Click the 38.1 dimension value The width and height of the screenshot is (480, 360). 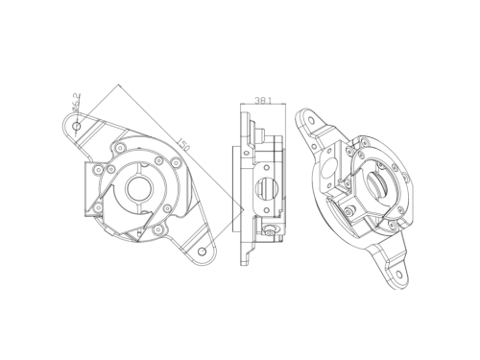click(x=263, y=100)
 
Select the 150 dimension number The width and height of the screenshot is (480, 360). click(x=184, y=145)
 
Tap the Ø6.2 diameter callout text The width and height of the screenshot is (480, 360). click(x=76, y=103)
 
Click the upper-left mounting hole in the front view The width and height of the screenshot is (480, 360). click(x=77, y=126)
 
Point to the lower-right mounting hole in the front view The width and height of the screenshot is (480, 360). click(x=202, y=252)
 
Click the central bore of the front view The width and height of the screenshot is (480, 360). click(x=138, y=188)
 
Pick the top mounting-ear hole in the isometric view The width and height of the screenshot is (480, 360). click(x=311, y=120)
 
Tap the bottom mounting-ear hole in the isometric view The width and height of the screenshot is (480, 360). click(x=399, y=275)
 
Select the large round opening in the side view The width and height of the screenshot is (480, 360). click(x=267, y=188)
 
